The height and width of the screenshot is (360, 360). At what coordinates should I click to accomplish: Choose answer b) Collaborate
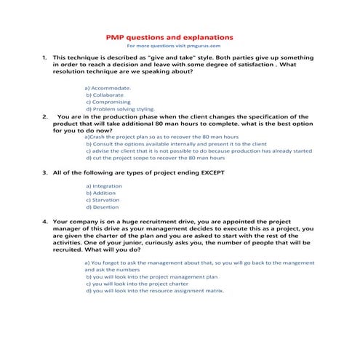click(x=106, y=95)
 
